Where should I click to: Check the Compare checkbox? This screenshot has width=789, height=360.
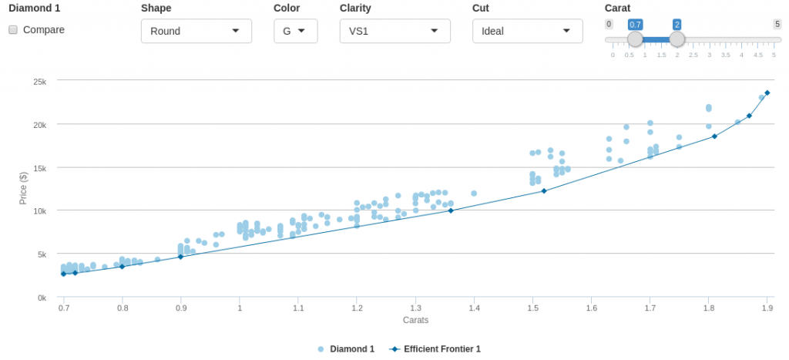click(x=13, y=30)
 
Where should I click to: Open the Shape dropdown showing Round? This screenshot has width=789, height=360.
click(x=196, y=31)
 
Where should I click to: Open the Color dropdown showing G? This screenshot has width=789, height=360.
click(x=295, y=31)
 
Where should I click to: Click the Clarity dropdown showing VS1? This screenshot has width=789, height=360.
click(x=394, y=31)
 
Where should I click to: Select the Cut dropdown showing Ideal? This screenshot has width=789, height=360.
click(x=527, y=31)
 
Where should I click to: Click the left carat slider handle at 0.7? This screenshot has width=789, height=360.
click(x=635, y=39)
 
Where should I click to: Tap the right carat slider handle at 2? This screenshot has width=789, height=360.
click(x=677, y=39)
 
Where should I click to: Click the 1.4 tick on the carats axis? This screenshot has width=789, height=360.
click(x=474, y=308)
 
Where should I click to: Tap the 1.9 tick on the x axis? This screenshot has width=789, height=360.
click(x=767, y=308)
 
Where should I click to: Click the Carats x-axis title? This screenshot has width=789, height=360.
click(x=415, y=320)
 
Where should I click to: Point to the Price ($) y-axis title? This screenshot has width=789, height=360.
click(x=23, y=189)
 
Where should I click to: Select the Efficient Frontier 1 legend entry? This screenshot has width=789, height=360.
click(x=436, y=349)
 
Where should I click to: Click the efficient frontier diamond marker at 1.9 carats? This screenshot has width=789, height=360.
click(x=767, y=93)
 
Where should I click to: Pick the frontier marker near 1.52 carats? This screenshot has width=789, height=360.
click(x=544, y=190)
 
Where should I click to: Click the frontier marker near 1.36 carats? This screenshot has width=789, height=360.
click(x=451, y=210)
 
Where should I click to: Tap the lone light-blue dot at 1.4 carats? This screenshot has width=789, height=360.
click(x=474, y=193)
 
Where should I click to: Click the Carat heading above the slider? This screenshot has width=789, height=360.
click(x=618, y=8)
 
